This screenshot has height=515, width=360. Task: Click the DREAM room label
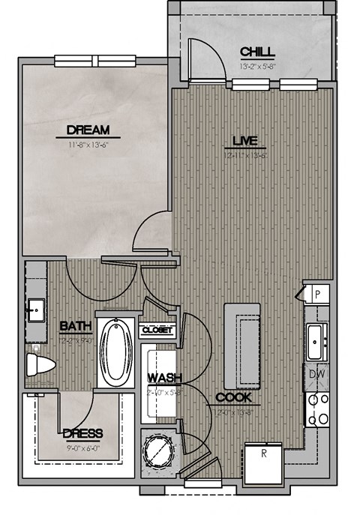point(87,129)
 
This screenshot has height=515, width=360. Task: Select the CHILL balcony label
point(257,52)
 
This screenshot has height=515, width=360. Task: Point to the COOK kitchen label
point(233,397)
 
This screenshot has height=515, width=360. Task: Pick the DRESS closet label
point(82,434)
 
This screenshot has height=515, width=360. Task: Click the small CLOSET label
point(157,329)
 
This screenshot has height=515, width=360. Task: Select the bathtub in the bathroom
point(115,352)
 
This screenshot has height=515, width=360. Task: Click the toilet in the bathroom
point(40,365)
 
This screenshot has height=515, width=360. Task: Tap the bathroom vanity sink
point(35,308)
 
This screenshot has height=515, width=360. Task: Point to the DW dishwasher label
point(316,373)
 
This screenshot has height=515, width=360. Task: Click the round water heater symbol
point(158,451)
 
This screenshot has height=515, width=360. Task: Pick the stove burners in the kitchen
point(318,409)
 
